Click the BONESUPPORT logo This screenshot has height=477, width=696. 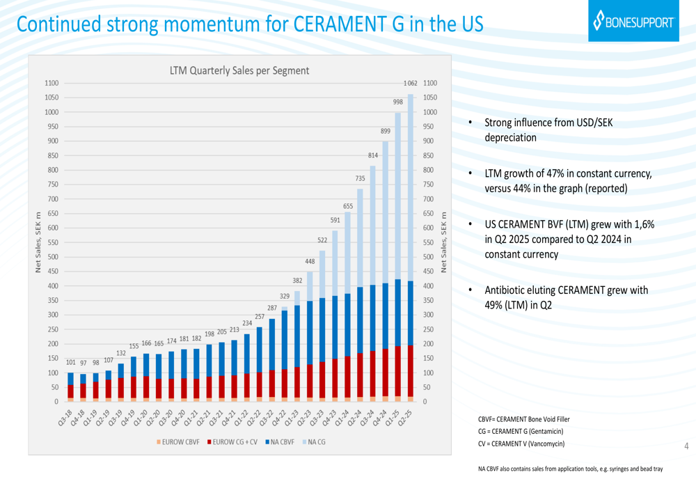633,22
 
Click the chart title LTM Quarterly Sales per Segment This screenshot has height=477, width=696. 239,70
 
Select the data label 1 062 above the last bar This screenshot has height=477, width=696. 410,84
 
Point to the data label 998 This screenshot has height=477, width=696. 397,102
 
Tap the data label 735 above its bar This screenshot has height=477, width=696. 360,179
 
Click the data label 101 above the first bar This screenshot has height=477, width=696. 70,362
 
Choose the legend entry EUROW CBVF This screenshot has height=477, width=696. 178,442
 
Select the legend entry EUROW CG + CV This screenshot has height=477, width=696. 232,442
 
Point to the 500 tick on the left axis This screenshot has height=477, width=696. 52,257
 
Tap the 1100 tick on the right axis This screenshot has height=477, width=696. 430,83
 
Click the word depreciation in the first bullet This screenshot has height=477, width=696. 510,138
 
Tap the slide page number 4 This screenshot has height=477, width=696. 686,446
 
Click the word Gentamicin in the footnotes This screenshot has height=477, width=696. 540,432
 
